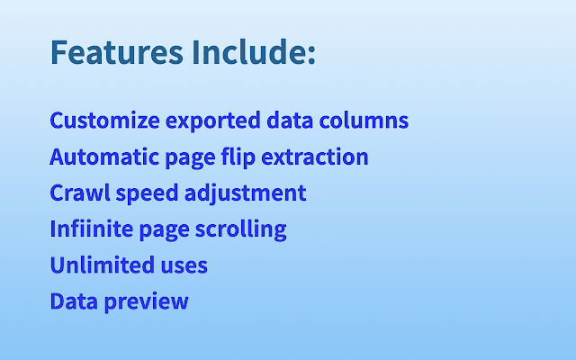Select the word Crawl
tap(77, 193)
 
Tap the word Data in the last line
tap(73, 301)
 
